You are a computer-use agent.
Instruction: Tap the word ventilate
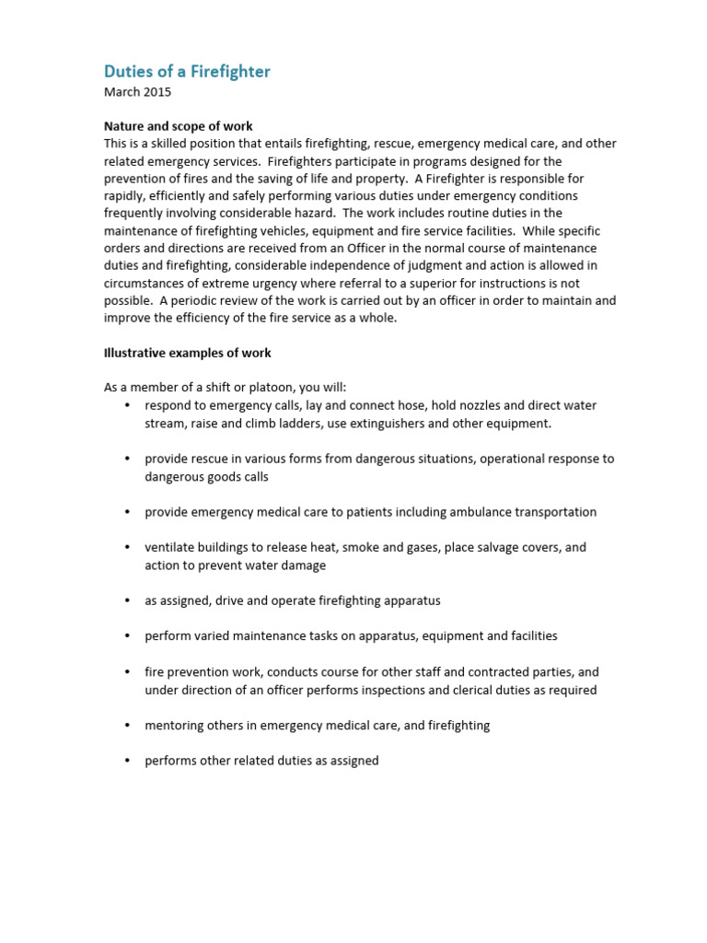(x=170, y=547)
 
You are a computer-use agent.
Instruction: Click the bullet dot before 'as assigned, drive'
(x=126, y=600)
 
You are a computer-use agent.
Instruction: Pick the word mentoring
(x=175, y=726)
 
